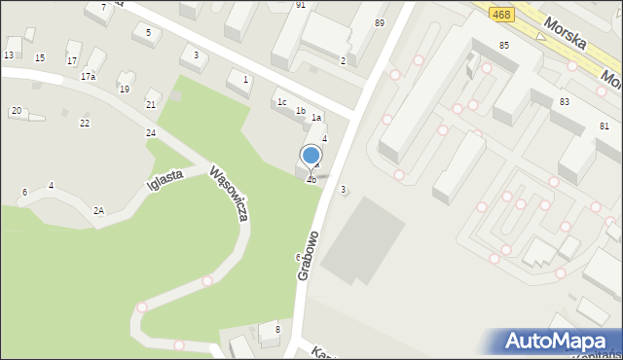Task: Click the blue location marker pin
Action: click(x=311, y=157)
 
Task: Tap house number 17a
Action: click(x=88, y=76)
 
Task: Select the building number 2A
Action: click(x=98, y=210)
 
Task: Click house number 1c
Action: click(x=281, y=101)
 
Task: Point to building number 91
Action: click(x=301, y=5)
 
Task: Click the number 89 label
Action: click(x=379, y=22)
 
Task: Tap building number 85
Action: click(x=504, y=46)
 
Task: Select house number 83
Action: click(x=565, y=101)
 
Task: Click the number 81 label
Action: click(x=605, y=126)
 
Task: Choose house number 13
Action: click(x=9, y=55)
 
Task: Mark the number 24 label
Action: click(x=151, y=132)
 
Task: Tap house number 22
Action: click(x=85, y=123)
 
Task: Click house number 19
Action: click(x=124, y=89)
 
